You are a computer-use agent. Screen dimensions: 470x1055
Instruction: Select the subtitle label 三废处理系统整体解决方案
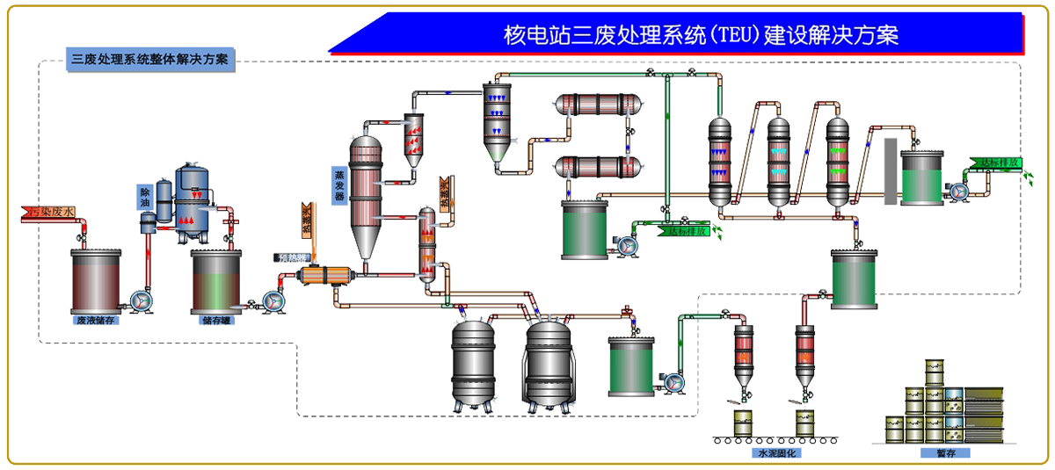[149, 60]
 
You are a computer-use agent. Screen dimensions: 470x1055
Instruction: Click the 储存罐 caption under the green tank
[215, 321]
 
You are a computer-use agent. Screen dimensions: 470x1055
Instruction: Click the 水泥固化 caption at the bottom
[768, 454]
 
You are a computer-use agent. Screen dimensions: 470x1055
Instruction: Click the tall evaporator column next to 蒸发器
[364, 193]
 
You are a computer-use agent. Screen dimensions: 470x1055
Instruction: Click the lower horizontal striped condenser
[598, 167]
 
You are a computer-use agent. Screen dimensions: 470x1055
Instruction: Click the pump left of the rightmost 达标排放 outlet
[957, 189]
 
